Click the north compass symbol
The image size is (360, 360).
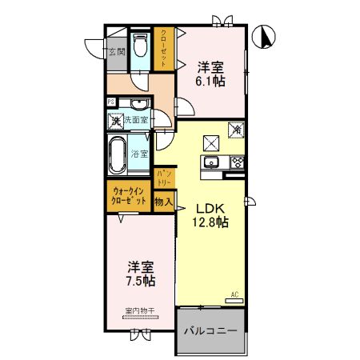pyautogui.click(x=266, y=36)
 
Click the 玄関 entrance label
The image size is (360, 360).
pyautogui.click(x=117, y=52)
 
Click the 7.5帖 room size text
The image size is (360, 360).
pyautogui.click(x=139, y=281)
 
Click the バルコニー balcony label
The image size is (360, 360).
pyautogui.click(x=210, y=330)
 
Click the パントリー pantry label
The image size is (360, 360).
pyautogui.click(x=165, y=178)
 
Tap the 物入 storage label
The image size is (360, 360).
pyautogui.click(x=163, y=203)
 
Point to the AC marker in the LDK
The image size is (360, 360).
pyautogui.click(x=235, y=295)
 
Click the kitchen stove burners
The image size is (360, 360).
pyautogui.click(x=238, y=163)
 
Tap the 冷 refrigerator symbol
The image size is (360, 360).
pyautogui.click(x=238, y=128)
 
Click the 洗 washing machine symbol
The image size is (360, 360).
pyautogui.click(x=116, y=122)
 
